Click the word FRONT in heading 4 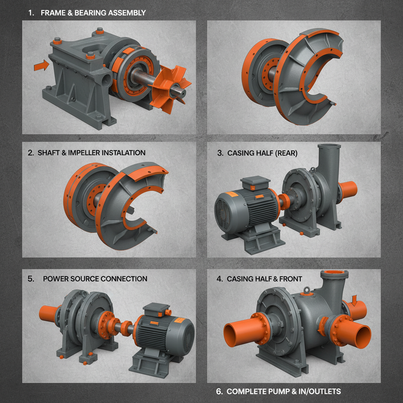click(289, 279)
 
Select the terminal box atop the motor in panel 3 click(255, 183)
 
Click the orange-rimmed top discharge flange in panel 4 click(333, 274)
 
